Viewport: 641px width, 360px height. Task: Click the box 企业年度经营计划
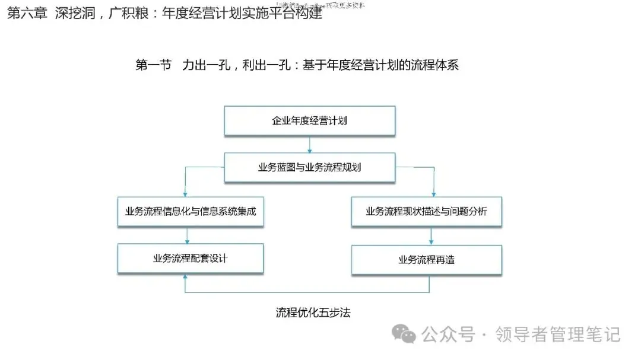pos(309,121)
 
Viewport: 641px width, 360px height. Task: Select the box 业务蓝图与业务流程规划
pos(309,167)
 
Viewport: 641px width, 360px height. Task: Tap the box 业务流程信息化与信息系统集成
pos(191,211)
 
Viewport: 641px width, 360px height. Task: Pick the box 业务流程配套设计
pos(191,258)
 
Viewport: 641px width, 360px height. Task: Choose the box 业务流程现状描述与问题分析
pos(426,211)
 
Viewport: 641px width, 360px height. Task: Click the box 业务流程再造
pos(426,260)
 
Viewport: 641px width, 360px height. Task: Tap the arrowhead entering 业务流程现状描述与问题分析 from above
pos(433,193)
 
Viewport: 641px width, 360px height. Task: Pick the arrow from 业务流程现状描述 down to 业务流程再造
pos(431,236)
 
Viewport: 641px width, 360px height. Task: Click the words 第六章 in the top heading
pos(26,13)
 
